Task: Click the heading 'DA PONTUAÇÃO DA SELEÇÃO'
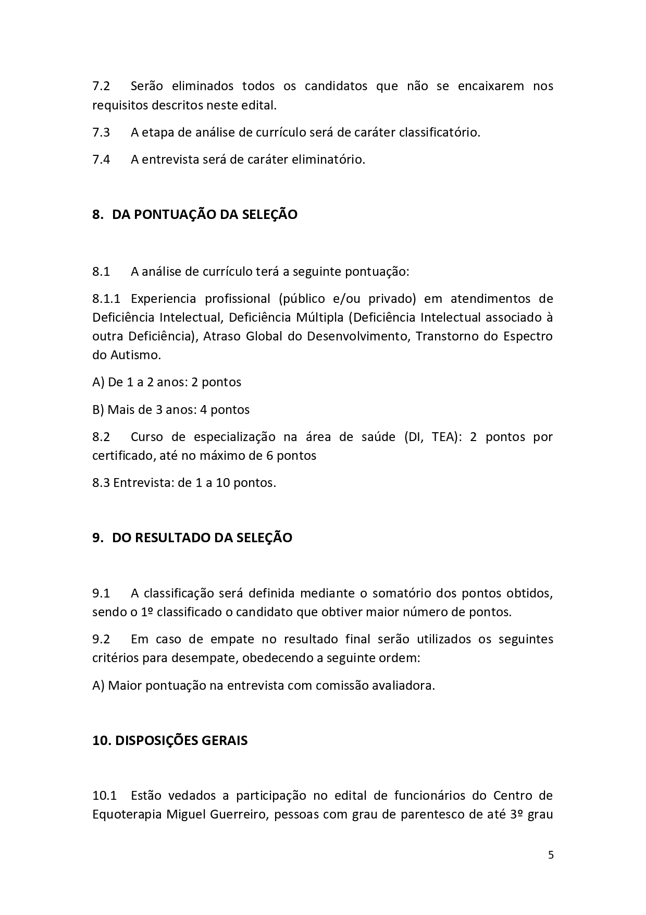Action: [205, 214]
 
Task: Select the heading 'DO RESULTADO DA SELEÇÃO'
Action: [202, 538]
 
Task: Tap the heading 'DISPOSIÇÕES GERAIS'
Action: [181, 740]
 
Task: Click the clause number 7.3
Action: [101, 132]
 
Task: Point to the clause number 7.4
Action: [101, 160]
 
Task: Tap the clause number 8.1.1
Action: [106, 299]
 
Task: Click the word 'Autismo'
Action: [135, 355]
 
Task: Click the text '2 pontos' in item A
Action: [216, 382]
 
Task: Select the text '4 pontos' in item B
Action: [225, 410]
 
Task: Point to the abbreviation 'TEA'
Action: [443, 437]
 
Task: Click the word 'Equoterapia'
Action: [126, 814]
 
